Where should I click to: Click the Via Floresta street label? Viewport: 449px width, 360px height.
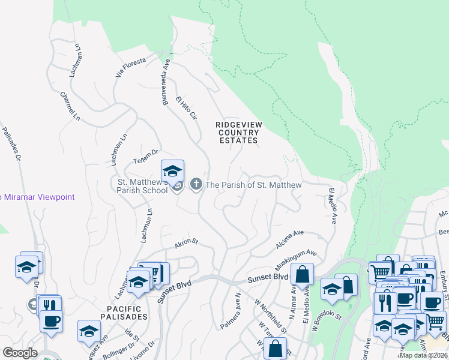point(131,67)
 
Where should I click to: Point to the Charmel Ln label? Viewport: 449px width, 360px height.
point(70,104)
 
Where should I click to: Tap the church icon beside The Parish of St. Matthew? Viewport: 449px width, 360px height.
point(196,184)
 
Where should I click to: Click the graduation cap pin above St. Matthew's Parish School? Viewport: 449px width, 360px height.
point(172,172)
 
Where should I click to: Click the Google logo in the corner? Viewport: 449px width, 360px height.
point(20,352)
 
